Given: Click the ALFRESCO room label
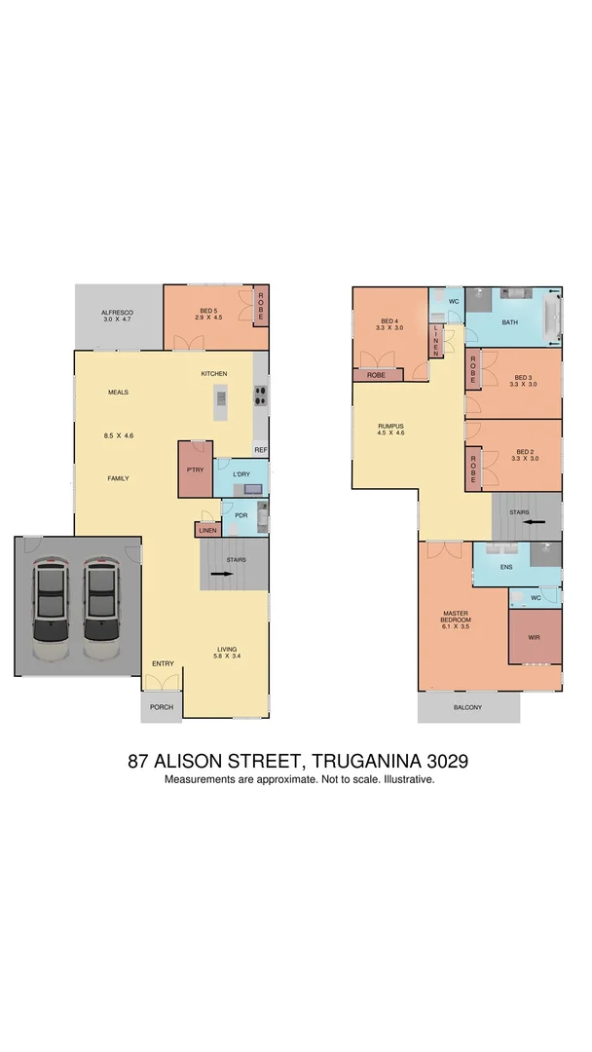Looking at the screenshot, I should point(116,311).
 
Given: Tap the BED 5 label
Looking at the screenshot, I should point(208,311).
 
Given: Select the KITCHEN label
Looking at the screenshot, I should point(214,374).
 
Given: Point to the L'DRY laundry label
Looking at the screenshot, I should point(241,474).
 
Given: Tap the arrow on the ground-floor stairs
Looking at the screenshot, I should point(227,575).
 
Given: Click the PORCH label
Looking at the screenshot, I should point(162,707).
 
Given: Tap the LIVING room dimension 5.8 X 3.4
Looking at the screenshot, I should point(227,657).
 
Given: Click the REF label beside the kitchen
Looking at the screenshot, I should point(261,450).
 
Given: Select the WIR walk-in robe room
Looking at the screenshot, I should point(534,637).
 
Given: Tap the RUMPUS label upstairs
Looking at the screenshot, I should point(390,425).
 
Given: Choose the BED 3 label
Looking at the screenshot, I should point(524,378).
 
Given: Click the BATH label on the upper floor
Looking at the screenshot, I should point(509,321).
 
